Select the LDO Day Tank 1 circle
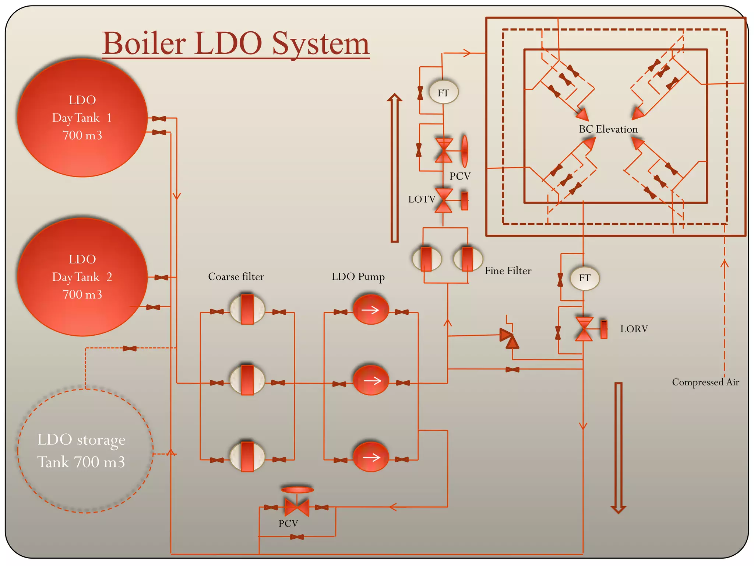coord(82,118)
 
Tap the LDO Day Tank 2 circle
coord(82,277)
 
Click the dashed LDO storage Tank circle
coord(85,450)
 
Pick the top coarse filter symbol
coord(247,309)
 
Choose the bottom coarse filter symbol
coord(247,457)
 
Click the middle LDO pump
coord(371,381)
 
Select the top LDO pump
coord(371,309)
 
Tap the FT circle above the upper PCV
coord(444,92)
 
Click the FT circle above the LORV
coord(585,278)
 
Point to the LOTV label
coord(422,199)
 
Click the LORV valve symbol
coord(584,329)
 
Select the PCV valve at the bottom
coord(297,507)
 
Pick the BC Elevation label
coord(608,129)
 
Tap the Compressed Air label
coord(705,382)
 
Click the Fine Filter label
coord(508,271)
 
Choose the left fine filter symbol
coord(426,259)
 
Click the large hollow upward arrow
coord(395,168)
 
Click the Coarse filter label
coord(236,277)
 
